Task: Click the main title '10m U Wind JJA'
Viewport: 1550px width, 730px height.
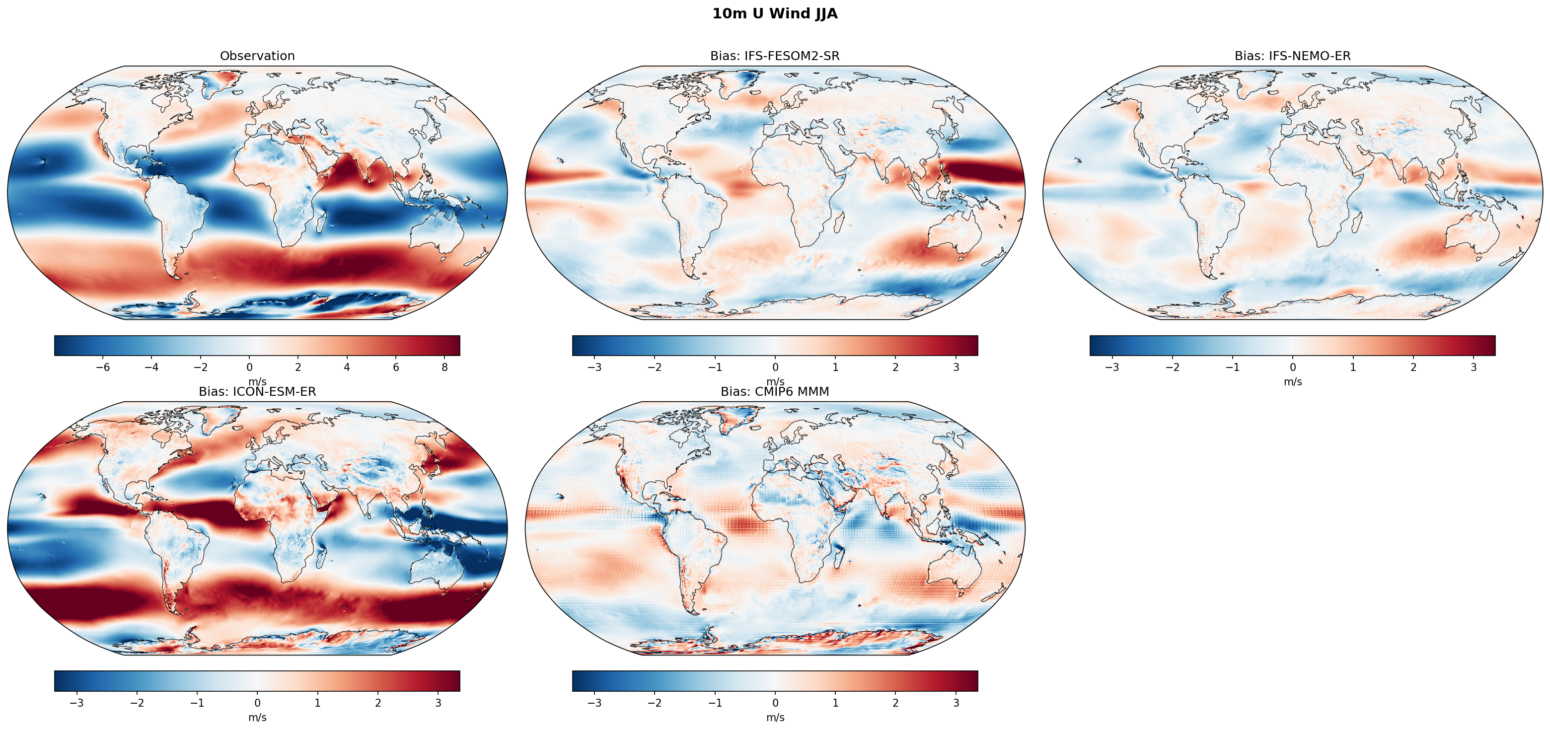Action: [x=774, y=14]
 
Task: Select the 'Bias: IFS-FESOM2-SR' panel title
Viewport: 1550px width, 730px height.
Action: [x=774, y=56]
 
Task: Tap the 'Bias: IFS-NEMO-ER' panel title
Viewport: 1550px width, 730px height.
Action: [x=1292, y=56]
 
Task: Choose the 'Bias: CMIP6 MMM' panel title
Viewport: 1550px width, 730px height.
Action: [x=774, y=392]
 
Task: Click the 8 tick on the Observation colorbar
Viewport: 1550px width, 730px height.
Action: [x=444, y=367]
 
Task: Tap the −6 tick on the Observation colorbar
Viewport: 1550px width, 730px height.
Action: [x=103, y=367]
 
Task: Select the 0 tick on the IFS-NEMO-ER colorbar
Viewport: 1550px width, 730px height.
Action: [x=1292, y=367]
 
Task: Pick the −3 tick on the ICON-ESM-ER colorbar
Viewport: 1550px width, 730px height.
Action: [x=76, y=703]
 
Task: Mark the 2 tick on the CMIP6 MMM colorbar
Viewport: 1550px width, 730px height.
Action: [x=895, y=703]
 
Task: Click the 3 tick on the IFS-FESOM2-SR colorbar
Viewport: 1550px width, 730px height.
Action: [x=956, y=367]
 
